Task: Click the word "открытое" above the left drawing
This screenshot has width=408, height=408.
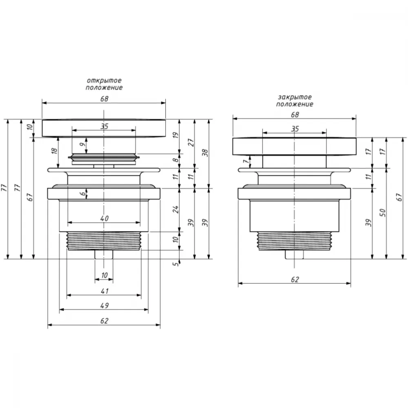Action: pyautogui.click(x=104, y=80)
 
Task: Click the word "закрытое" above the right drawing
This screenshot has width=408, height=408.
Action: pyautogui.click(x=295, y=97)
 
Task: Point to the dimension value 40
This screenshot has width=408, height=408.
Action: pyautogui.click(x=104, y=218)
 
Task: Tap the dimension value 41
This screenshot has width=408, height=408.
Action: pyautogui.click(x=104, y=291)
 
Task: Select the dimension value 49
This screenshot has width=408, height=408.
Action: pyautogui.click(x=104, y=306)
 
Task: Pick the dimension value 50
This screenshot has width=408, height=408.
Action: pyautogui.click(x=382, y=213)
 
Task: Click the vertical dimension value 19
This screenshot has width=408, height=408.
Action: pyautogui.click(x=175, y=135)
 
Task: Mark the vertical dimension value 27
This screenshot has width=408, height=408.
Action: pyautogui.click(x=191, y=142)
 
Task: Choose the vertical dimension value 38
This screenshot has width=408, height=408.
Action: pyautogui.click(x=205, y=153)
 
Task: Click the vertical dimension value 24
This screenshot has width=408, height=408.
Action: pyautogui.click(x=176, y=209)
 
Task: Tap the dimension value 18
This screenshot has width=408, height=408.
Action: pyautogui.click(x=54, y=151)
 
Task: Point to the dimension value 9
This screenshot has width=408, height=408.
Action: pyautogui.click(x=82, y=144)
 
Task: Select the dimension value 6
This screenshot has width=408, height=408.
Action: pyautogui.click(x=82, y=193)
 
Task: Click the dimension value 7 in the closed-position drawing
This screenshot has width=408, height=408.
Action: pyautogui.click(x=246, y=162)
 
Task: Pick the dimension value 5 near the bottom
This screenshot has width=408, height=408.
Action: pyautogui.click(x=176, y=264)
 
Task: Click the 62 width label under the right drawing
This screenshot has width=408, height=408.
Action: pyautogui.click(x=295, y=279)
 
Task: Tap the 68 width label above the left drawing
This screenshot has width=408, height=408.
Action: pyautogui.click(x=104, y=99)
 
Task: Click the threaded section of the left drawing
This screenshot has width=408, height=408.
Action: pyautogui.click(x=104, y=241)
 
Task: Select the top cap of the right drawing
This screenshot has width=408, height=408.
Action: pyautogui.click(x=294, y=146)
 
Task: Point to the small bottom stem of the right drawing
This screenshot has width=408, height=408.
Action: pyautogui.click(x=294, y=255)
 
